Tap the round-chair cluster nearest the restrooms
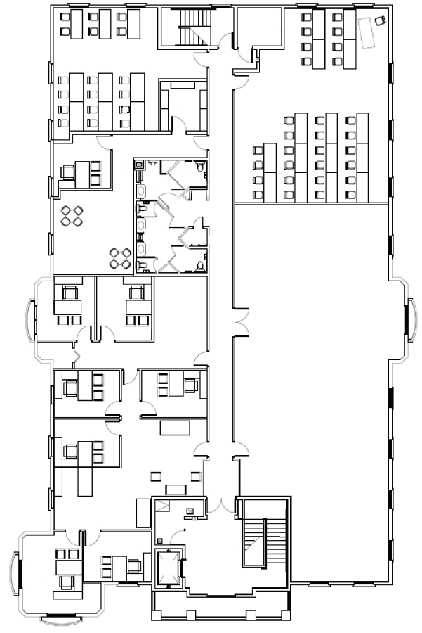coord(119,257)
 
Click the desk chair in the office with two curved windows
coord(66,580)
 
